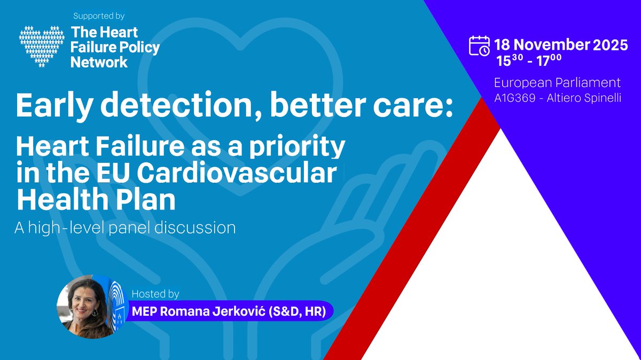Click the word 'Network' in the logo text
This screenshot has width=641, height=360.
[99, 61]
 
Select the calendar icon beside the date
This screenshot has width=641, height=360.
[479, 46]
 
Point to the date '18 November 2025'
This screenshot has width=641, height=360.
[561, 45]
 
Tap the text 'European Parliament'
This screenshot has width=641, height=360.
[557, 83]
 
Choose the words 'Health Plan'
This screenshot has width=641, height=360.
[96, 201]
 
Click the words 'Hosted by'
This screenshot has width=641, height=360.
[155, 294]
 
